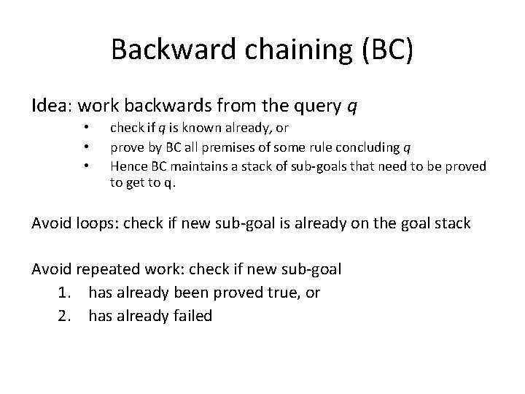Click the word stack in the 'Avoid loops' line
(452, 223)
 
